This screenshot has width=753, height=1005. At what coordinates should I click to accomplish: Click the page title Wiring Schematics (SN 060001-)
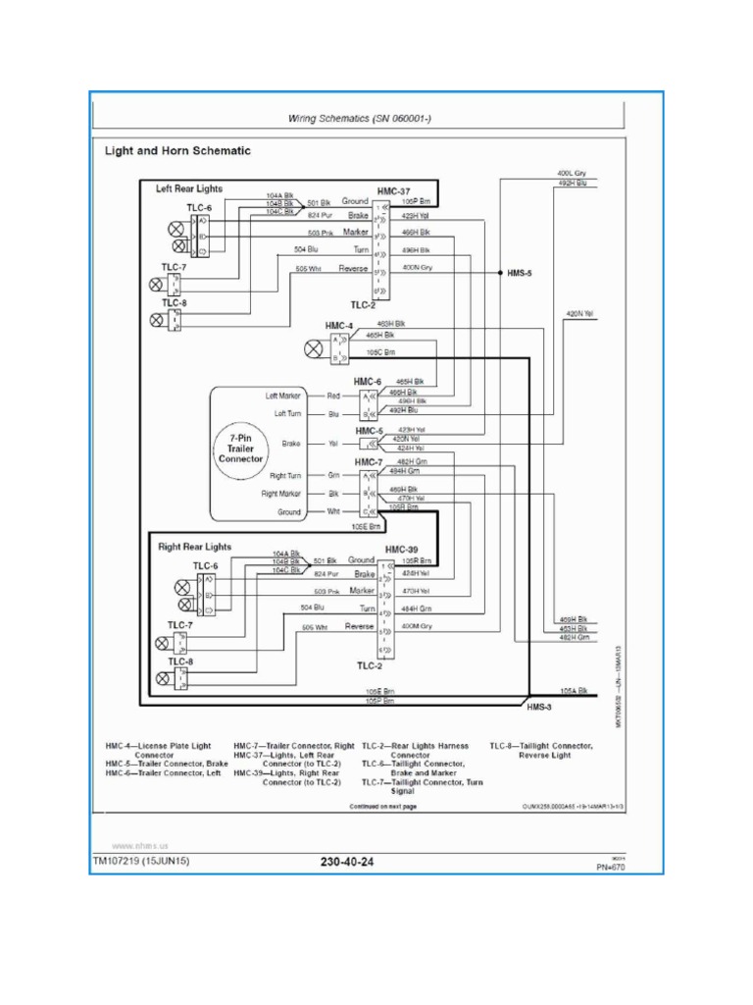coord(359,119)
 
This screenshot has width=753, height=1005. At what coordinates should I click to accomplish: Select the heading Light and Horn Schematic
coord(177,151)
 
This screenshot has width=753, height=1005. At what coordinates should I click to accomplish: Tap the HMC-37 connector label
coord(394,188)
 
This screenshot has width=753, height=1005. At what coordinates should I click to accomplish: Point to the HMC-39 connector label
coord(402,550)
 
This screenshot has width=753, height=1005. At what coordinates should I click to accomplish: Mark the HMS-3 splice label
coord(540,707)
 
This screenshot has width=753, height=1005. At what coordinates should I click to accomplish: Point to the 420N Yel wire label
coord(579,314)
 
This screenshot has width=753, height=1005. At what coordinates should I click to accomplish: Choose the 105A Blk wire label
coord(574,691)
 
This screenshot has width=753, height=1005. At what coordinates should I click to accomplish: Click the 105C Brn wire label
coord(380,351)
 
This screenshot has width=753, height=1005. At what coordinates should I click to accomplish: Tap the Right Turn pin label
coord(282,475)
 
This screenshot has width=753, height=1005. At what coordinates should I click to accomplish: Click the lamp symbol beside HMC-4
coord(313,348)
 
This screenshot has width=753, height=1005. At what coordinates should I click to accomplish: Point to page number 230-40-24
coord(347,863)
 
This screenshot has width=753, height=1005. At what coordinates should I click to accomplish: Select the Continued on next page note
coord(382,807)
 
